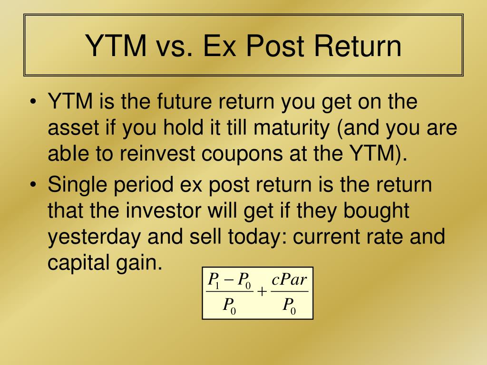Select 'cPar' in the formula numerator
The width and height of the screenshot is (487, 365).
[290, 280]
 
